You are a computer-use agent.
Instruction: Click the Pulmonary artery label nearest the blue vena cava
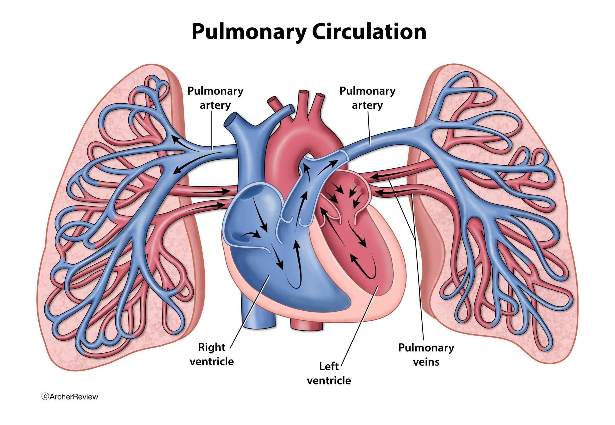click(x=215, y=98)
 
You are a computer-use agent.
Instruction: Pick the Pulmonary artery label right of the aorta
click(x=367, y=98)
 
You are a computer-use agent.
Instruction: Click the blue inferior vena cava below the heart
click(x=258, y=314)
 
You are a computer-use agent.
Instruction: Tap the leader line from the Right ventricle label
click(x=248, y=314)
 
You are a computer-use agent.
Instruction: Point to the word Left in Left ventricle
click(x=329, y=366)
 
